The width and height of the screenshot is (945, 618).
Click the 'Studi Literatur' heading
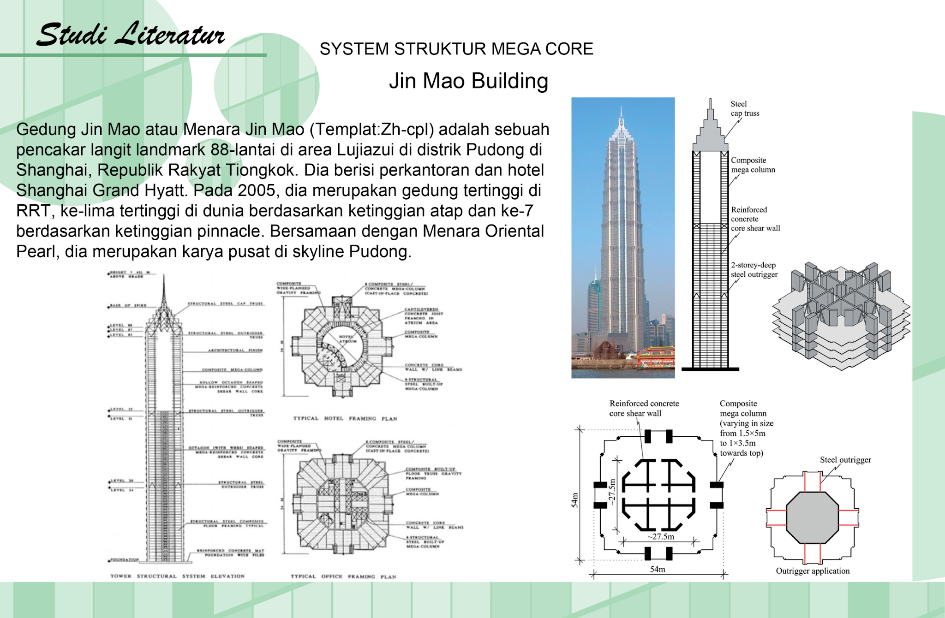[131, 35]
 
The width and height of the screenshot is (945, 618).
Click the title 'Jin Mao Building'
[468, 81]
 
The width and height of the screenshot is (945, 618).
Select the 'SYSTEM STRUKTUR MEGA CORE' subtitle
[456, 49]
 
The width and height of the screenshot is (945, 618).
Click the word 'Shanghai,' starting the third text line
[54, 170]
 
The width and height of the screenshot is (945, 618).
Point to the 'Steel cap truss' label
[744, 109]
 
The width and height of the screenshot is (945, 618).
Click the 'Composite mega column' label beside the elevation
[753, 165]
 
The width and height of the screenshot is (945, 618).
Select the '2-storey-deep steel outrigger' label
[754, 270]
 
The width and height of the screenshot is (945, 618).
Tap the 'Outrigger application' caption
[812, 571]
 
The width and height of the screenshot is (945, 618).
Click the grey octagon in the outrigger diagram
[812, 517]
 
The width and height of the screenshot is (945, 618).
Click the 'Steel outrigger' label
[845, 460]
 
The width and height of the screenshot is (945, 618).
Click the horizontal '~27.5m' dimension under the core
[660, 537]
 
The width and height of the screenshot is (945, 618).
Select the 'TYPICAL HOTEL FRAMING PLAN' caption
[345, 419]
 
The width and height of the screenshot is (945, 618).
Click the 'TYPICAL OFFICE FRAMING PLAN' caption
[343, 576]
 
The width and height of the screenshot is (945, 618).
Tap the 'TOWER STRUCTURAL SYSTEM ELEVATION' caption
[177, 576]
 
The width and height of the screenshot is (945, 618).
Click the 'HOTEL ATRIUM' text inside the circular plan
[347, 339]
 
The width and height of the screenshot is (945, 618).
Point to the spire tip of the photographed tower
[622, 107]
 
